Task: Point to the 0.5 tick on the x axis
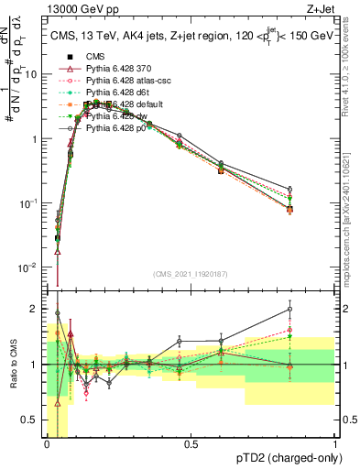pyautogui.click(x=191, y=444)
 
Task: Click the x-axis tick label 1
pyautogui.click(x=334, y=444)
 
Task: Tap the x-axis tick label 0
pyautogui.click(x=47, y=444)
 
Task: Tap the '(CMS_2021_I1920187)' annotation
pyautogui.click(x=191, y=274)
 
